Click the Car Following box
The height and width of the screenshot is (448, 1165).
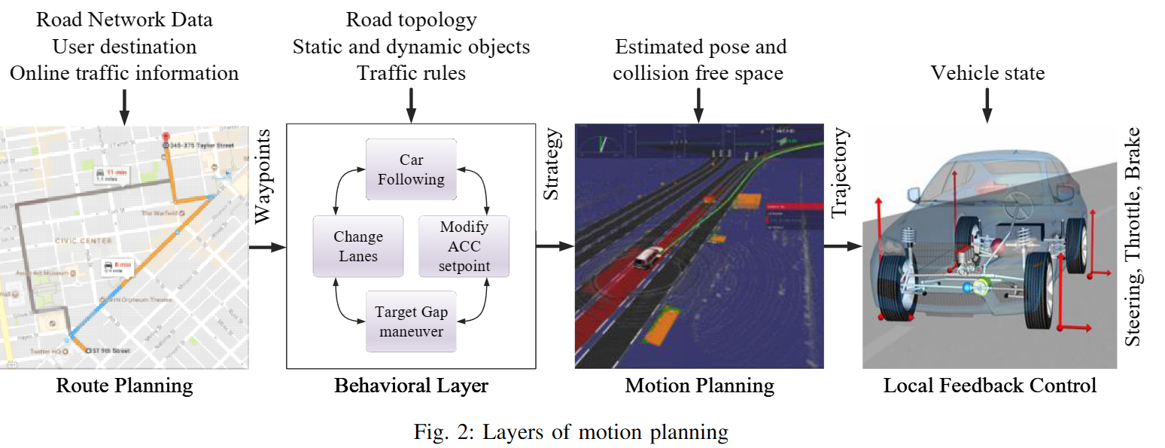coord(411,169)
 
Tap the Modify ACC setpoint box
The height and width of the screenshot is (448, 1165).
coord(464,246)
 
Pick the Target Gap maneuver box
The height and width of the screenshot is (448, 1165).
coord(411,322)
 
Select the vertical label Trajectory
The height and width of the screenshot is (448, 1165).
coord(840,174)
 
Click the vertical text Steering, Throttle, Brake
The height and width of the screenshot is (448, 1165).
coord(1133,237)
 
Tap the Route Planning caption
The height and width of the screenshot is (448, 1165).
coord(124,386)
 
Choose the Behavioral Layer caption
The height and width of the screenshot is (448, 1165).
coord(411,386)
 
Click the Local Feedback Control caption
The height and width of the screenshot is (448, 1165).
coord(990,386)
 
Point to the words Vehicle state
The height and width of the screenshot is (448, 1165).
coord(987,73)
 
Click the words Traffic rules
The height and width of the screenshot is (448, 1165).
coord(411,73)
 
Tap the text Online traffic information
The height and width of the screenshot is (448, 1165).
coord(124,73)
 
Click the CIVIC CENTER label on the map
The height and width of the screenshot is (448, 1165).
coord(83,241)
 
